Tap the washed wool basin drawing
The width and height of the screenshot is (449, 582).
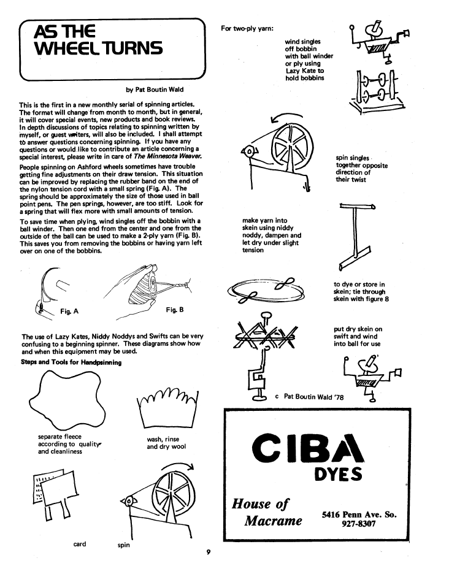(x=166, y=409)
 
